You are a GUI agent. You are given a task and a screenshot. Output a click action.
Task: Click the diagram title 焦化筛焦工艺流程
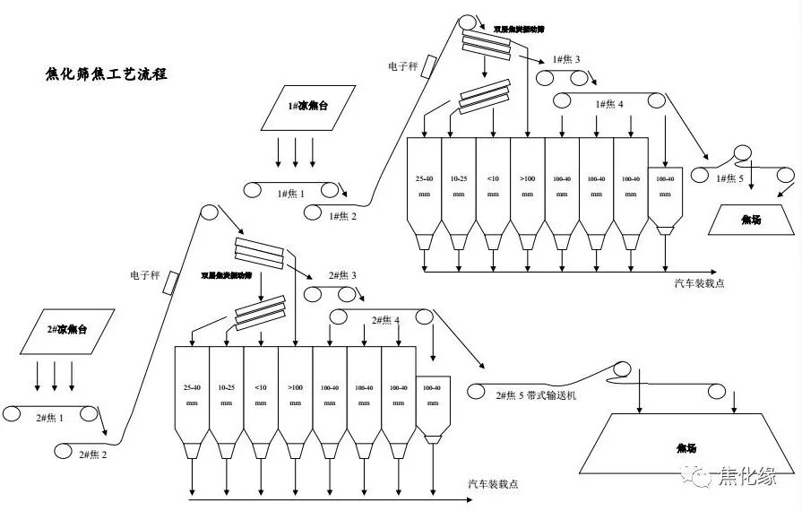click(x=106, y=74)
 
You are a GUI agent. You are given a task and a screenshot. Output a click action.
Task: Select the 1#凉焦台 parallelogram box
click(x=307, y=107)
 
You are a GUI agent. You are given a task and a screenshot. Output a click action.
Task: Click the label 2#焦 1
click(x=49, y=419)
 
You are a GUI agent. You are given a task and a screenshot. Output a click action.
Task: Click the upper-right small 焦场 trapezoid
click(x=751, y=220)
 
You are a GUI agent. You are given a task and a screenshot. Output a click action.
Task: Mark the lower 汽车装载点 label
click(x=493, y=485)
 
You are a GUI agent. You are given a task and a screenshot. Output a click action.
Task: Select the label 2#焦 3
click(x=342, y=275)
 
